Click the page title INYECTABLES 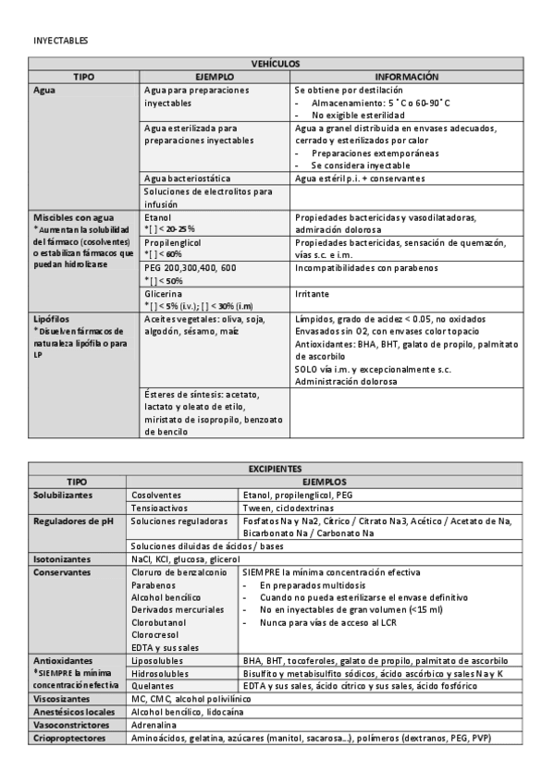tap(60, 42)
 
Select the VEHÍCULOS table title tap(277, 65)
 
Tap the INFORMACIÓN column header tap(406, 77)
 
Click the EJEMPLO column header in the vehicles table tap(216, 77)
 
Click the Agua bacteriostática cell tap(188, 177)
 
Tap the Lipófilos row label tap(53, 317)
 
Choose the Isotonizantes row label tap(62, 559)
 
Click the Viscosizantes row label tap(64, 700)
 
